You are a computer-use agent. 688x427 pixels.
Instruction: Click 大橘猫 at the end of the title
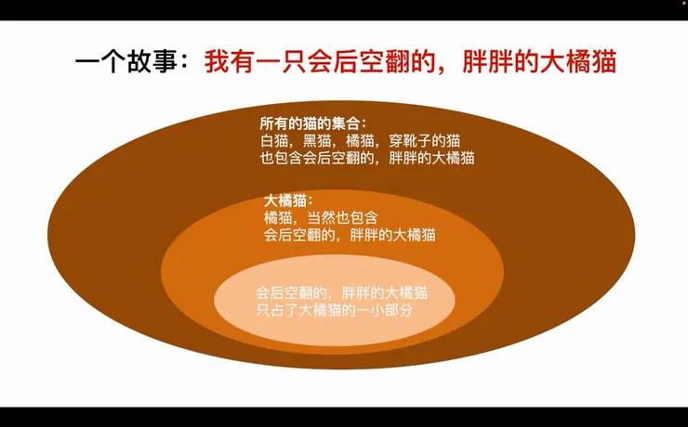581,64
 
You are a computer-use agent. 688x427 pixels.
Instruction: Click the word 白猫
274,141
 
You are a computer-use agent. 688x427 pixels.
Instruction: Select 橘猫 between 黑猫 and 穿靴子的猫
359,141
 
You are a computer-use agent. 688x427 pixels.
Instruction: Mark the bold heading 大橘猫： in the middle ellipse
289,200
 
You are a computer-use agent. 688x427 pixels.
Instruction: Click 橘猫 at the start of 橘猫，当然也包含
278,217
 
